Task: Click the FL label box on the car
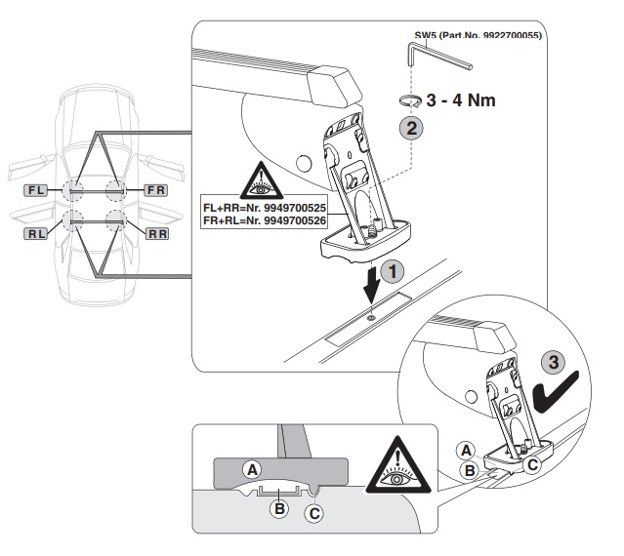[x=35, y=190]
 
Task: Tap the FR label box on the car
[x=155, y=190]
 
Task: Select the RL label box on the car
[x=35, y=234]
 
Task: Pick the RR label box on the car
[x=157, y=234]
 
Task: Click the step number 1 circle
[x=393, y=272]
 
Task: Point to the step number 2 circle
[x=411, y=128]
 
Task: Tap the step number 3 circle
[x=554, y=363]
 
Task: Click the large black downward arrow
[x=372, y=285]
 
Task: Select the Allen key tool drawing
[x=437, y=55]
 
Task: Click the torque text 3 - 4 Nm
[x=461, y=100]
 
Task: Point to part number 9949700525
[x=295, y=208]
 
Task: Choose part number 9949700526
[x=295, y=220]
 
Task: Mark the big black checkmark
[x=556, y=392]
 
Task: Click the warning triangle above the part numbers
[x=262, y=181]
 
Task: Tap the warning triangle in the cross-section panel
[x=398, y=466]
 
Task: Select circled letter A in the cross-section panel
[x=252, y=470]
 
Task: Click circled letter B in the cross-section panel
[x=279, y=508]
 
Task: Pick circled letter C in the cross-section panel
[x=314, y=513]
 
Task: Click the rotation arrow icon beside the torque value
[x=410, y=100]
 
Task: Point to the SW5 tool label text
[x=478, y=35]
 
